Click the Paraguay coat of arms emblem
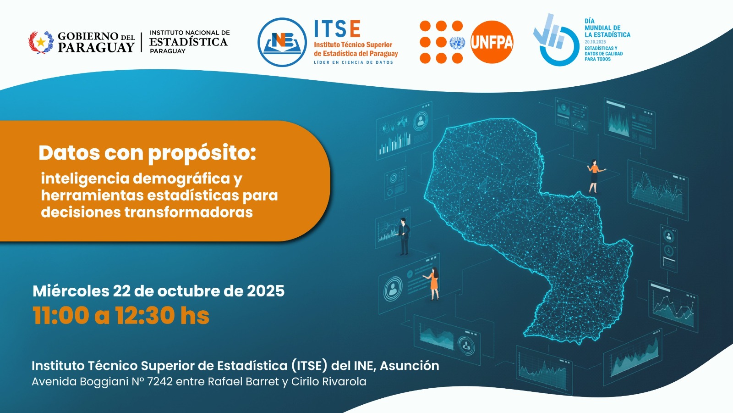tap(41, 42)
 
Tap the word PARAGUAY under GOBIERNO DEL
tap(96, 48)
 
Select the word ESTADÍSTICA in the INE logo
tap(188, 42)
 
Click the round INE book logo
tap(282, 42)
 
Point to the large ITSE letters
tap(337, 28)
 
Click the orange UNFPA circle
tap(492, 42)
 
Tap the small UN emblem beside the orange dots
tap(457, 43)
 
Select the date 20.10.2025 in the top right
tap(595, 42)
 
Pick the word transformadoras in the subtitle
tap(188, 212)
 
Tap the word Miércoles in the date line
tap(71, 291)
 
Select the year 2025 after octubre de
tap(265, 291)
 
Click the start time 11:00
tap(60, 316)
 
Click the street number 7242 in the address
tap(160, 381)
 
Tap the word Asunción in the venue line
tap(410, 365)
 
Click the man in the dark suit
tap(404, 236)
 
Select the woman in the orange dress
tap(432, 284)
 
